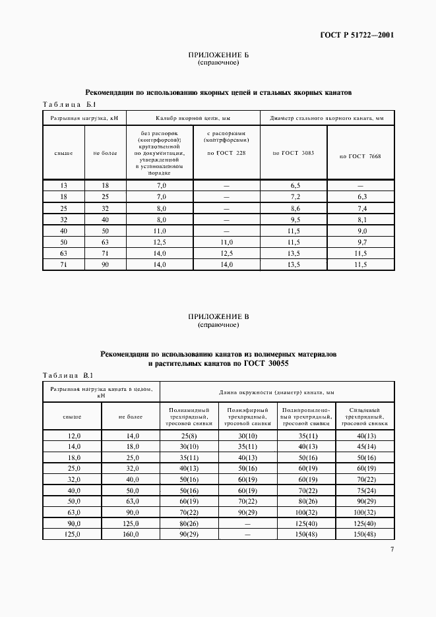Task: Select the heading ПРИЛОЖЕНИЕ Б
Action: point(218,55)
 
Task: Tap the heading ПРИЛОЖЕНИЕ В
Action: point(218,317)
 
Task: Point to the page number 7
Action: point(391,550)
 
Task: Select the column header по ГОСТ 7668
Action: point(360,156)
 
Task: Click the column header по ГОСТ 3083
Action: point(295,152)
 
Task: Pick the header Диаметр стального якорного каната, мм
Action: point(327,118)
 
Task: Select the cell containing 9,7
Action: point(360,242)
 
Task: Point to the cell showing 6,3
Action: point(360,197)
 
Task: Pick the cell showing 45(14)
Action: point(365,447)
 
